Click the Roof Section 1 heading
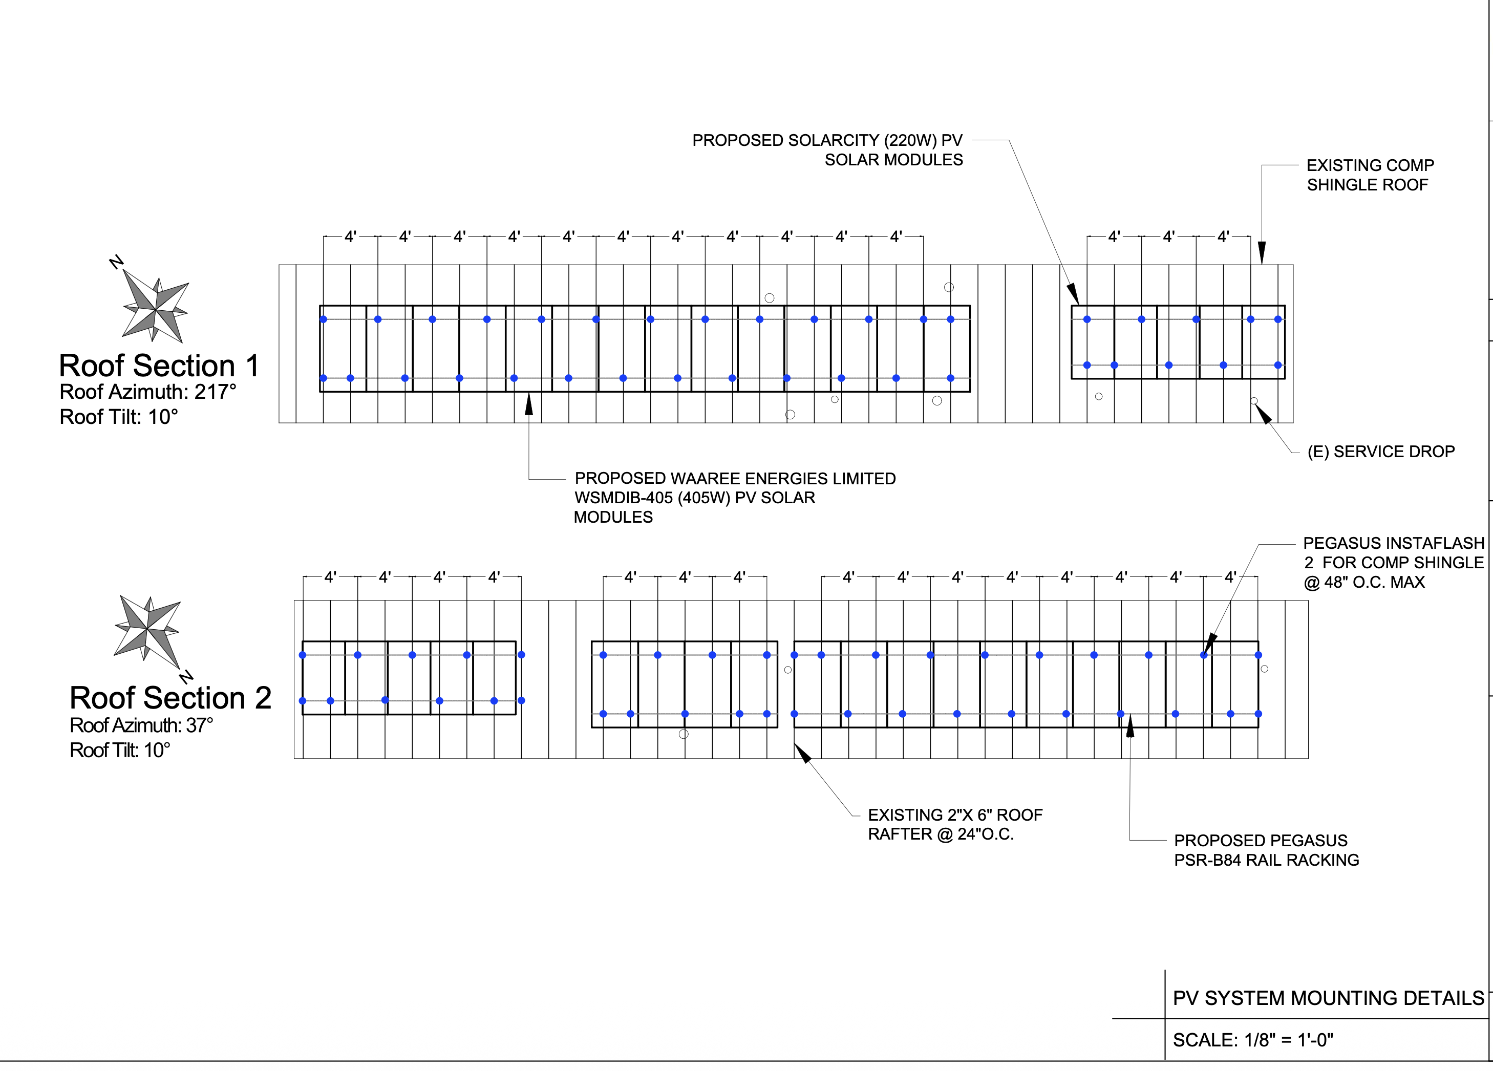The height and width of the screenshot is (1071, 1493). tap(159, 366)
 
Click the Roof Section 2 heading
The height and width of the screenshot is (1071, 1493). tap(170, 698)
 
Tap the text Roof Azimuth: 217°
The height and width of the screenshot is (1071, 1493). tap(147, 392)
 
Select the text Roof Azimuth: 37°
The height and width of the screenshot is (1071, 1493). tap(141, 725)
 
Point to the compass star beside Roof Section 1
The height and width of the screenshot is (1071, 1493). tap(155, 309)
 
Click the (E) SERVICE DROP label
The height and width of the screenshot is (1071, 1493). tap(1380, 452)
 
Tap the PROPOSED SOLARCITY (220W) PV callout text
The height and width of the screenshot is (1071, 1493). tap(827, 140)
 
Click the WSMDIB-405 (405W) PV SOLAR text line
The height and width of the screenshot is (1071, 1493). tap(694, 498)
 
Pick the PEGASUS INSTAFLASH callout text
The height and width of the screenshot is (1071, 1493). tap(1393, 543)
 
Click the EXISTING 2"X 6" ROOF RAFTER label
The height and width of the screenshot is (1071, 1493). tap(954, 824)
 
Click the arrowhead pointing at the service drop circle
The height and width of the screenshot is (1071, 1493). tap(1263, 413)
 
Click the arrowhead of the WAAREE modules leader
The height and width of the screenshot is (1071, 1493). tap(528, 403)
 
